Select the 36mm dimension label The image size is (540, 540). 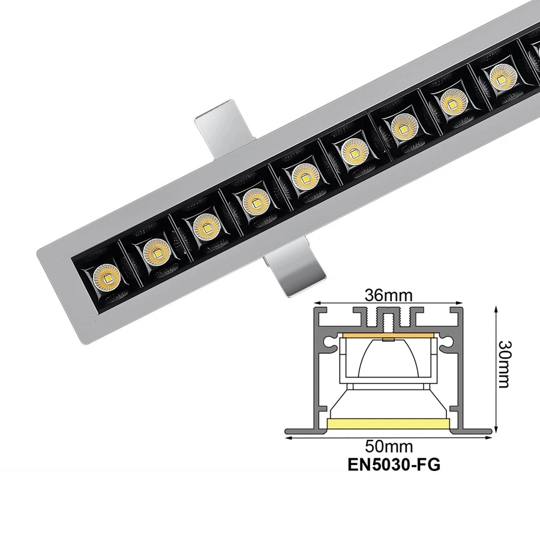(x=389, y=295)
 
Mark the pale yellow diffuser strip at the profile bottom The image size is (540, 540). (x=389, y=424)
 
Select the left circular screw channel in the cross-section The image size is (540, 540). (x=331, y=344)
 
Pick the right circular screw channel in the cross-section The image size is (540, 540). (x=446, y=344)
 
